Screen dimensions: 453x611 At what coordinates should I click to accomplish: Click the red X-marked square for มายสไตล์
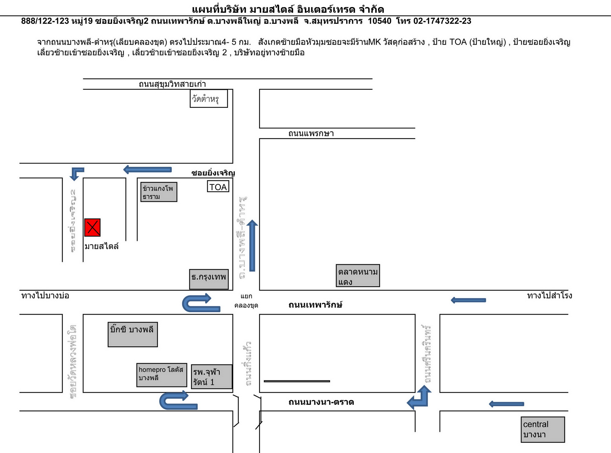[x=92, y=228]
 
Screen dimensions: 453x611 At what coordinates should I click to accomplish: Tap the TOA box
[x=218, y=187]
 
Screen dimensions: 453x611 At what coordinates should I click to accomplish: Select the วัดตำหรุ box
[x=209, y=99]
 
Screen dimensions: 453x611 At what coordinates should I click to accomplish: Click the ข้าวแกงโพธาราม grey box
[x=159, y=192]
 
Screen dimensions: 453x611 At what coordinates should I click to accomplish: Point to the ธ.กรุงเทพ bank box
[x=209, y=279]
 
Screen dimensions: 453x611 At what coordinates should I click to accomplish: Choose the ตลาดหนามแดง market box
[x=358, y=276]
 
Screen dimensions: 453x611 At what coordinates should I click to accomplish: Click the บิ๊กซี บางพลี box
[x=133, y=334]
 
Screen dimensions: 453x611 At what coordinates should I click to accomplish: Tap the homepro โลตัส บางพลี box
[x=162, y=375]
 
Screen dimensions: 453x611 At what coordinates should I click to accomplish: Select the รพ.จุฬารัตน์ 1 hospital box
[x=211, y=377]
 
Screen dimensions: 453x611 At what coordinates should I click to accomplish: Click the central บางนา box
[x=543, y=429]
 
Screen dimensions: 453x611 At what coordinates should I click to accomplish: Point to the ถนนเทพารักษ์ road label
[x=315, y=305]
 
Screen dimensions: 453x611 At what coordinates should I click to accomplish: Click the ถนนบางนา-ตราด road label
[x=321, y=402]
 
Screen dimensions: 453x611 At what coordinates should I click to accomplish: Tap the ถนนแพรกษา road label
[x=311, y=133]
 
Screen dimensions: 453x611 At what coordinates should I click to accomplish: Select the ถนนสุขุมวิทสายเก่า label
[x=172, y=84]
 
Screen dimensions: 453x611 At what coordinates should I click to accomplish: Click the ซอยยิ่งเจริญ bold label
[x=213, y=173]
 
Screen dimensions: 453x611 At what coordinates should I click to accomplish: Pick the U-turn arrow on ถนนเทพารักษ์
[x=200, y=303]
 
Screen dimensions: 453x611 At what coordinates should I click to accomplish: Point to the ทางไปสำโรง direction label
[x=549, y=296]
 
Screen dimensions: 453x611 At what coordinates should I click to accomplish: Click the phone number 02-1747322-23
[x=442, y=21]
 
